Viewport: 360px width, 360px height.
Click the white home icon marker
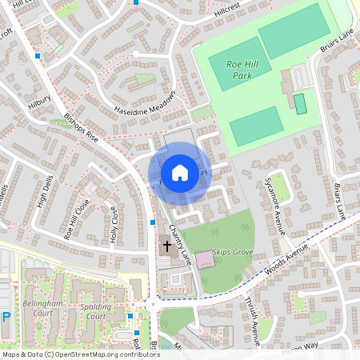coord(180,172)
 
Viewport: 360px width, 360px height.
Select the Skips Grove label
coord(233,251)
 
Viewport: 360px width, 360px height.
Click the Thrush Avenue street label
coord(261,315)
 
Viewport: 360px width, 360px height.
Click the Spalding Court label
coord(84,311)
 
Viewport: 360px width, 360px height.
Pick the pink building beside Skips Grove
coord(205,259)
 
